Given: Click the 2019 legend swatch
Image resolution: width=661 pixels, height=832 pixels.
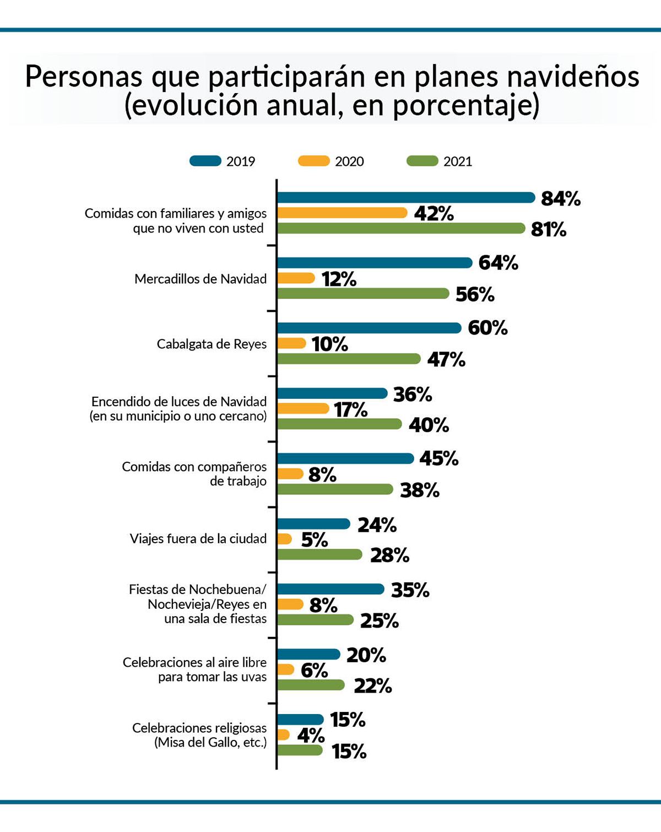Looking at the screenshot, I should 205,161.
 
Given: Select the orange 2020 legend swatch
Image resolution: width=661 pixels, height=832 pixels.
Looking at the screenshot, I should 313,161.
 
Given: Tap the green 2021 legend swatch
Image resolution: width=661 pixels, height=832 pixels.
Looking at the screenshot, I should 422,161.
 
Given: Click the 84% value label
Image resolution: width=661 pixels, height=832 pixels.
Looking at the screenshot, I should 561,198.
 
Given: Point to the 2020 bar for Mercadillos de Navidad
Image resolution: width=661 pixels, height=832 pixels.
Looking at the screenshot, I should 296,278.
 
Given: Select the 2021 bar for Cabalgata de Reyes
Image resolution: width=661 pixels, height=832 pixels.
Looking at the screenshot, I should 349,359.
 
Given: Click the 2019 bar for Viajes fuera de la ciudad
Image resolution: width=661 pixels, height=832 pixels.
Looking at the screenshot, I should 313,524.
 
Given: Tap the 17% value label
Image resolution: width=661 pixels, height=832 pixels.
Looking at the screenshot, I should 351,409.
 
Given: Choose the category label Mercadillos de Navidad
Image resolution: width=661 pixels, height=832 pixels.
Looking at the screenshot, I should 201,279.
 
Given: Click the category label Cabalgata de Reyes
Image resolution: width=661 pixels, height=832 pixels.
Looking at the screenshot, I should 212,344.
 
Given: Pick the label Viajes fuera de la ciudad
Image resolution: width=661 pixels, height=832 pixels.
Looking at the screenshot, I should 198,538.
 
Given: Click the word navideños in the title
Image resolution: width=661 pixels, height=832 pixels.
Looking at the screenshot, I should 573,76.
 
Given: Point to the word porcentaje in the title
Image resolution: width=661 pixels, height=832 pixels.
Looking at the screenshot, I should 466,105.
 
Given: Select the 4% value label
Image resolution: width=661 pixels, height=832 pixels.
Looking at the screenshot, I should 311,735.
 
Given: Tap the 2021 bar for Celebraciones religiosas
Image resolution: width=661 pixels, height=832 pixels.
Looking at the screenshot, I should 300,750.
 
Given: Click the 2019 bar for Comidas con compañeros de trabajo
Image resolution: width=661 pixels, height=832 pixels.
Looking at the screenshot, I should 345,458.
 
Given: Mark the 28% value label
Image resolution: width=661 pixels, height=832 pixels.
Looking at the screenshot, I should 389,555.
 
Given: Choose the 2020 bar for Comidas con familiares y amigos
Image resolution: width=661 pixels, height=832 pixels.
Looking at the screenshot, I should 342,213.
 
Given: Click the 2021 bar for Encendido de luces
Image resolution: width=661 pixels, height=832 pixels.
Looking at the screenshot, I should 339,424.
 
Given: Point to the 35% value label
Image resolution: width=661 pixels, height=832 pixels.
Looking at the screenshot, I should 410,590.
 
